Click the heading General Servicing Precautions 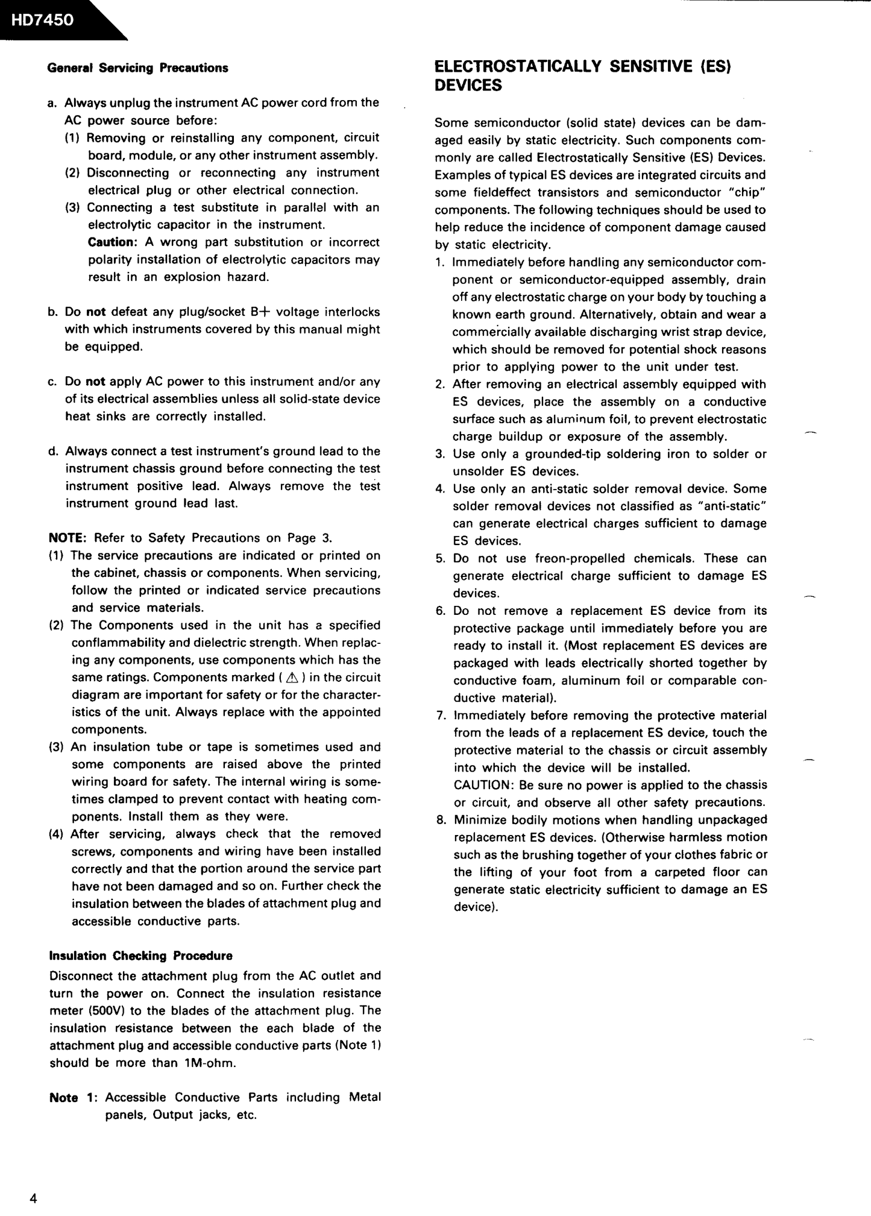point(137,68)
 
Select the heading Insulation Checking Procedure point(140,956)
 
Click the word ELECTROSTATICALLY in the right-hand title point(518,66)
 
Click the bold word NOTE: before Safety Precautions point(69,538)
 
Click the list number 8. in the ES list point(441,820)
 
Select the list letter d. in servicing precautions point(53,451)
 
